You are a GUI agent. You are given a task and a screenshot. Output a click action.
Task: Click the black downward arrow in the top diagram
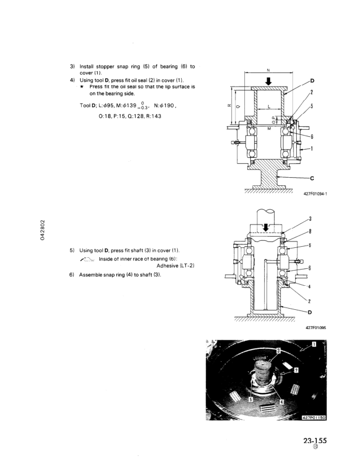coord(268,82)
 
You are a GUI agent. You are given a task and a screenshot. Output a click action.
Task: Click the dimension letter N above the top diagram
coord(268,71)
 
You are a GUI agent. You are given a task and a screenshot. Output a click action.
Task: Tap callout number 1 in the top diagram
coord(312,148)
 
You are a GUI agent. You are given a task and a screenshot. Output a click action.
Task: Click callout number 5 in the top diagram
coord(312,106)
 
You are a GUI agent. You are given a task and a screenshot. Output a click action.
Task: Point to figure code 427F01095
coord(316,328)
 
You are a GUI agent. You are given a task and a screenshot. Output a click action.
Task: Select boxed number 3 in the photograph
coord(279,350)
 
